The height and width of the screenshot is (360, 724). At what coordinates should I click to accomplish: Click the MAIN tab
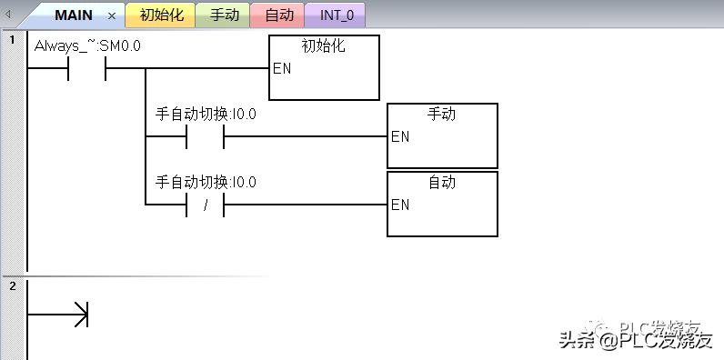click(x=72, y=15)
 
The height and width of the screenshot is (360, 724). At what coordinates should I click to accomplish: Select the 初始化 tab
click(x=161, y=15)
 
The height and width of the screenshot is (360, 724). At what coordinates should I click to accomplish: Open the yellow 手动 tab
click(x=223, y=15)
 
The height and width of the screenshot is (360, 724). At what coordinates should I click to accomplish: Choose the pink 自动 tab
click(x=278, y=15)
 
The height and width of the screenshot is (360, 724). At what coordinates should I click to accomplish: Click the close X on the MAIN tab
click(x=112, y=15)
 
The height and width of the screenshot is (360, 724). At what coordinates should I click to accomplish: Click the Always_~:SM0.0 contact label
click(x=87, y=45)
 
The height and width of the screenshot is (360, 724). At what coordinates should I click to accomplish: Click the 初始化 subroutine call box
click(x=324, y=67)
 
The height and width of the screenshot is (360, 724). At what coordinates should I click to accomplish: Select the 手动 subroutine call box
click(x=442, y=135)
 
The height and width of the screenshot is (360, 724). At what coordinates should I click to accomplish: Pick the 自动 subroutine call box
click(x=442, y=204)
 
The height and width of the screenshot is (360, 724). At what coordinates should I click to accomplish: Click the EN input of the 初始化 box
click(x=282, y=68)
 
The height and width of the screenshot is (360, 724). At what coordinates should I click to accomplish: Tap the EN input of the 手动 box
click(x=400, y=136)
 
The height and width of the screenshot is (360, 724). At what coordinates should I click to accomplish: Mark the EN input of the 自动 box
click(x=400, y=205)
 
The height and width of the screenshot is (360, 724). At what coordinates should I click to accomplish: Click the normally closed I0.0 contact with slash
click(x=206, y=205)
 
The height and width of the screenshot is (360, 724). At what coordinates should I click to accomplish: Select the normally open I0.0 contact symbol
click(x=206, y=137)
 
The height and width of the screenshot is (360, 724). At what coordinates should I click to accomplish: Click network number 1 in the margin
click(x=12, y=40)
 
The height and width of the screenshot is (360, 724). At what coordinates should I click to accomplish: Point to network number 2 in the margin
click(x=12, y=286)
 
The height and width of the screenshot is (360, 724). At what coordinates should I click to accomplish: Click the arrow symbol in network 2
click(x=80, y=315)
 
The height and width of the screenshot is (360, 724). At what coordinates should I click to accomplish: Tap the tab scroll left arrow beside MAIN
click(x=8, y=15)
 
